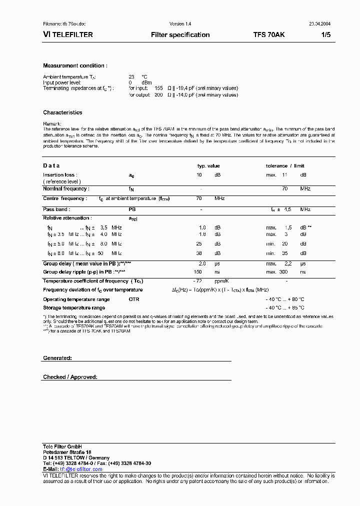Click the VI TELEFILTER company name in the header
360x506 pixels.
click(x=66, y=35)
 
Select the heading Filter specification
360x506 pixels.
click(x=180, y=35)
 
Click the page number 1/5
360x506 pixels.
click(x=325, y=35)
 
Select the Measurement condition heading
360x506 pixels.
click(x=75, y=66)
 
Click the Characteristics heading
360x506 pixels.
click(x=62, y=113)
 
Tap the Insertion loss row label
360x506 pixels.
click(x=59, y=175)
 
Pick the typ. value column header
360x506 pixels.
click(x=208, y=166)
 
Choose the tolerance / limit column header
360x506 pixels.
click(x=285, y=166)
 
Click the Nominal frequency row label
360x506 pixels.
click(x=66, y=189)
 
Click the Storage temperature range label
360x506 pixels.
click(x=74, y=308)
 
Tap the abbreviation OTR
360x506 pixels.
click(x=133, y=299)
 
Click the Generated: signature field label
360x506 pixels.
click(x=57, y=358)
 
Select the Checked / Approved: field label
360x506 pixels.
click(x=70, y=377)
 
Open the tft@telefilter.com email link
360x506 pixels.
click(x=81, y=469)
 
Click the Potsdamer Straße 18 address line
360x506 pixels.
click(x=67, y=452)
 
